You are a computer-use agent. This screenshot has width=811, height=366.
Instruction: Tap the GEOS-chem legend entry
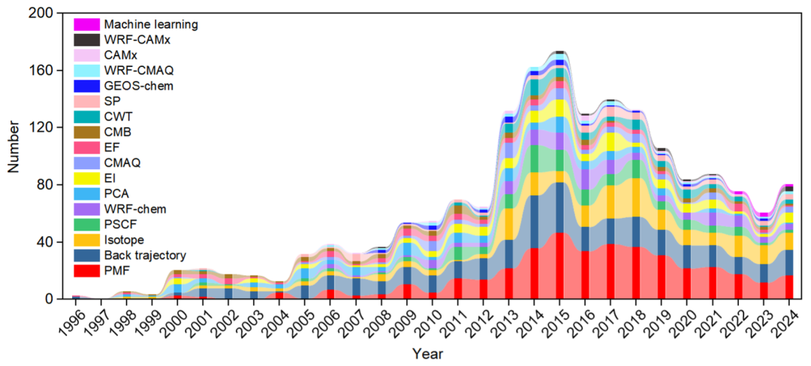(x=138, y=86)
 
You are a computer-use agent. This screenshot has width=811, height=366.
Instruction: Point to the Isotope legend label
(x=125, y=240)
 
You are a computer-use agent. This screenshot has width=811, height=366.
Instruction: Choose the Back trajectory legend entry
(x=144, y=256)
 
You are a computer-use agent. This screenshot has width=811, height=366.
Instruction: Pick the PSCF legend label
(x=119, y=225)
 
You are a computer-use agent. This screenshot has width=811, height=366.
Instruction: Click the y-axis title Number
(x=14, y=156)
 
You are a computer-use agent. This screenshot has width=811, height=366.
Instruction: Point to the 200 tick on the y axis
(x=42, y=14)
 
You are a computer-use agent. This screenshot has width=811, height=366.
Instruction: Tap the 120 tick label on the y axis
(x=42, y=128)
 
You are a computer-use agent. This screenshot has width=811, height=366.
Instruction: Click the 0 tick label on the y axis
(x=48, y=299)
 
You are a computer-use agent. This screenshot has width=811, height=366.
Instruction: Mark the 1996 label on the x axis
(x=70, y=322)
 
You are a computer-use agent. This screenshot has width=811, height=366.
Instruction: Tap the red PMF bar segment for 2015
(x=560, y=266)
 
